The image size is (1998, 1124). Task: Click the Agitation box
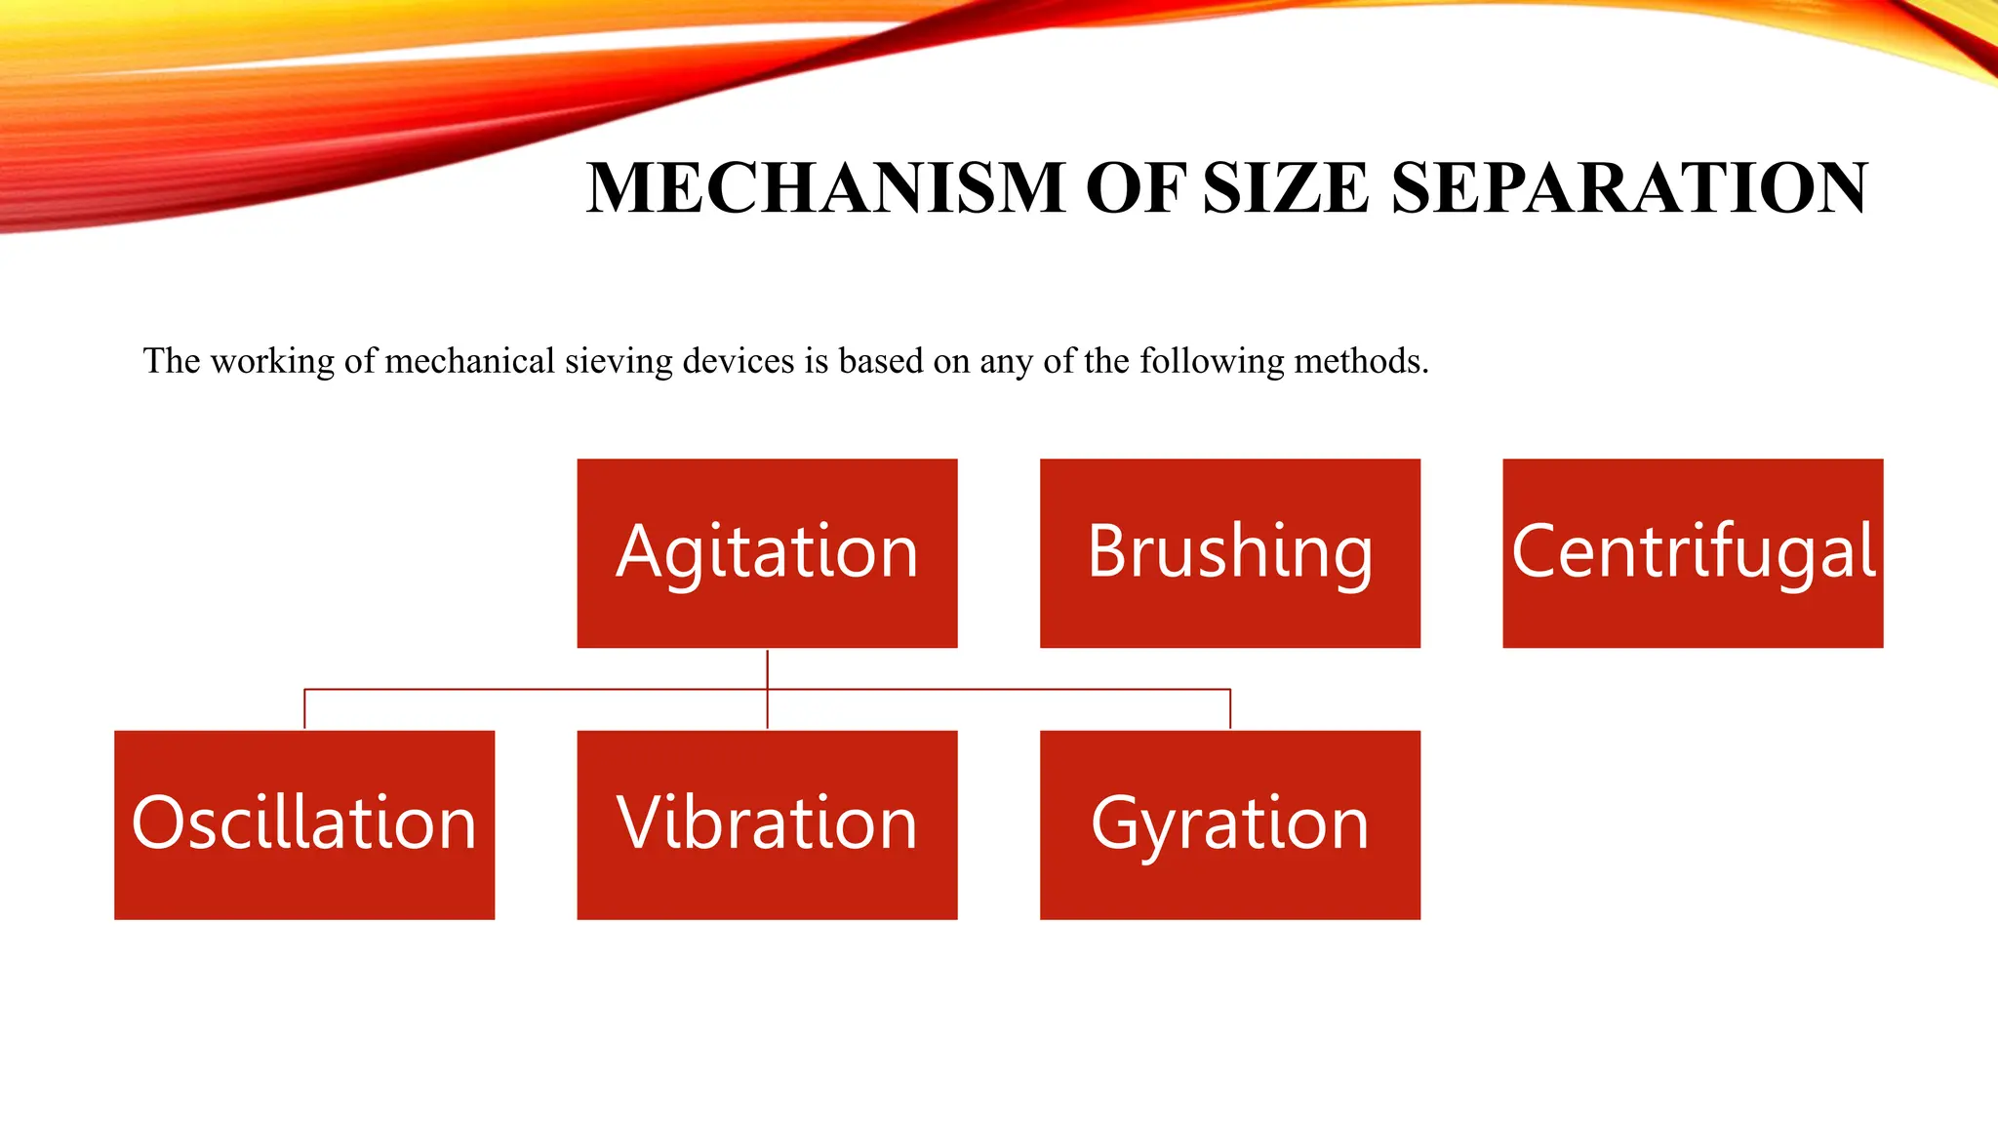767,553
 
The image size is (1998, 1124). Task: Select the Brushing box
1229,553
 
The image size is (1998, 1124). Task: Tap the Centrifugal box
1693,553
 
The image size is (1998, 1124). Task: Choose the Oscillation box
304,824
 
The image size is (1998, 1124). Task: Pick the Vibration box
767,824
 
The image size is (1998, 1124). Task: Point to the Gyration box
1229,824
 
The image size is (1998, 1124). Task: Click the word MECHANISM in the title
825,187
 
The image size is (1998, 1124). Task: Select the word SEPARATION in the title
1629,187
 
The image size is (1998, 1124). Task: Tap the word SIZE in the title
1286,187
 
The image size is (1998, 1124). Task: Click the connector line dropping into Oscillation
304,709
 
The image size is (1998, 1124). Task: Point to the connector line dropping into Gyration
1230,709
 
